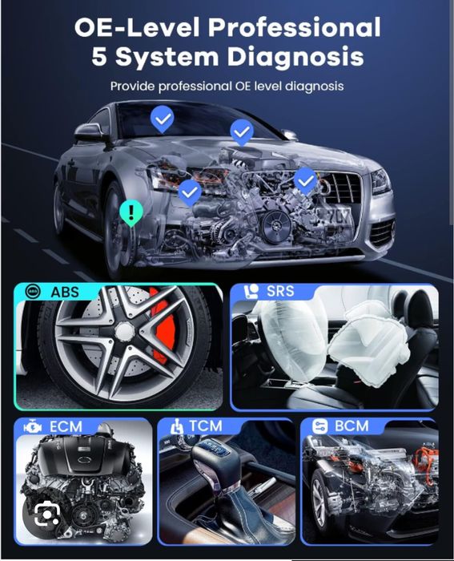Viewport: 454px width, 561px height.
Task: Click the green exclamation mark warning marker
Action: coord(129,212)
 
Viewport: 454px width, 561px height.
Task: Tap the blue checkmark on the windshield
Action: coord(163,120)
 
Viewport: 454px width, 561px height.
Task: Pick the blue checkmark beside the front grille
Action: coord(305,180)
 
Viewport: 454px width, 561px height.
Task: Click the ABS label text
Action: coord(65,292)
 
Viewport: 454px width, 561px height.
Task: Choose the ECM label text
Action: coord(65,426)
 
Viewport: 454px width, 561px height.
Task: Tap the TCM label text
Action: coord(205,426)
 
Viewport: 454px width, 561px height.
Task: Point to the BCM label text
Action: coord(352,426)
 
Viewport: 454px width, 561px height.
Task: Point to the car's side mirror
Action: coord(89,131)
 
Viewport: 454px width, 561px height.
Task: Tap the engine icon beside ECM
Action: coord(34,427)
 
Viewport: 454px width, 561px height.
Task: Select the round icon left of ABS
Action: coord(32,292)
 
